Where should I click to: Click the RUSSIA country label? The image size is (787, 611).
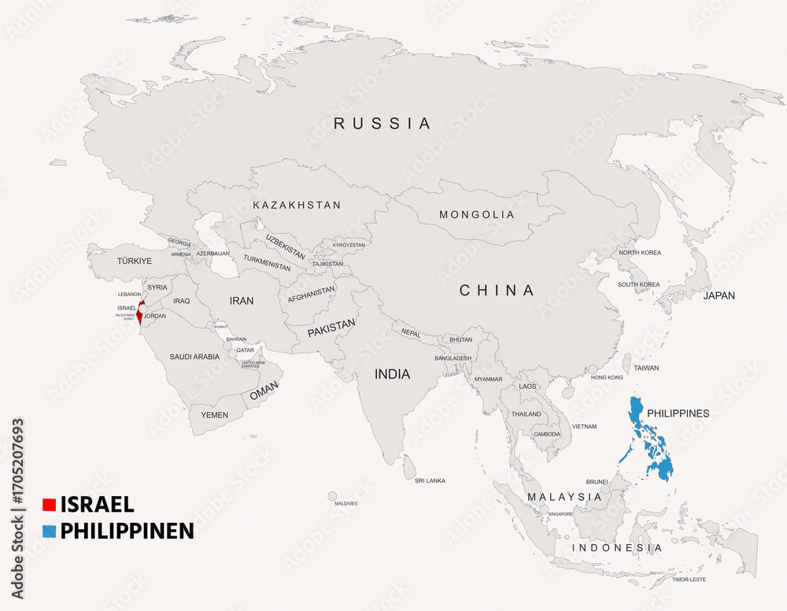pyautogui.click(x=382, y=124)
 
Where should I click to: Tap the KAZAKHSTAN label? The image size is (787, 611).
pyautogui.click(x=297, y=206)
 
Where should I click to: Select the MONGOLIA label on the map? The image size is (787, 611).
pyautogui.click(x=476, y=215)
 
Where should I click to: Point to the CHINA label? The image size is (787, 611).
pyautogui.click(x=497, y=291)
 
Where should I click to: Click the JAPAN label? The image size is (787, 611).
pyautogui.click(x=719, y=296)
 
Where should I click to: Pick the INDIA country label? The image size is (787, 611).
pyautogui.click(x=392, y=374)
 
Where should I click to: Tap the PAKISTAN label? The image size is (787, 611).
pyautogui.click(x=331, y=328)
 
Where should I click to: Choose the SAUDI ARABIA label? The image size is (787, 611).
pyautogui.click(x=194, y=357)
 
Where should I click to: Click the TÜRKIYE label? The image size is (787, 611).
pyautogui.click(x=134, y=261)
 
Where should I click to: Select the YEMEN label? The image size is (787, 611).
pyautogui.click(x=214, y=415)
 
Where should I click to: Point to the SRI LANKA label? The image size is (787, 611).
pyautogui.click(x=430, y=480)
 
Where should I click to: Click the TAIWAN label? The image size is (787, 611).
pyautogui.click(x=646, y=368)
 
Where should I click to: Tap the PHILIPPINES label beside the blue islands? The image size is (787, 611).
pyautogui.click(x=678, y=413)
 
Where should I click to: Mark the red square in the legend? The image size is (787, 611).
pyautogui.click(x=49, y=505)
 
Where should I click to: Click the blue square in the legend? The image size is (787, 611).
pyautogui.click(x=49, y=531)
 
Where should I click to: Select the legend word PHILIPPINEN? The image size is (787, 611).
pyautogui.click(x=127, y=531)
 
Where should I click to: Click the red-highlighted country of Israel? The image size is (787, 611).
pyautogui.click(x=139, y=313)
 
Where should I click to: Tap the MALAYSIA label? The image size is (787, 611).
pyautogui.click(x=564, y=497)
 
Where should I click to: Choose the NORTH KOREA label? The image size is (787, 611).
pyautogui.click(x=640, y=253)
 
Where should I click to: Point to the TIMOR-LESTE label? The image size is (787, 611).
pyautogui.click(x=689, y=580)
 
